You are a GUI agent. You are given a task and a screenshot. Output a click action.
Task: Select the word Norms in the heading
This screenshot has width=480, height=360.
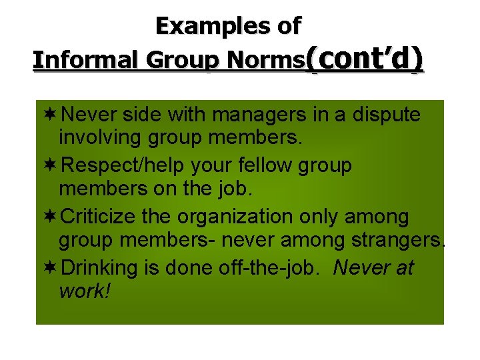click(266, 61)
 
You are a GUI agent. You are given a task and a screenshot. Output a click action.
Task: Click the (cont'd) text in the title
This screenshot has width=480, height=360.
click(365, 59)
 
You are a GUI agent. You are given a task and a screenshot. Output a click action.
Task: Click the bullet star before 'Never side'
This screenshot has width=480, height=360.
click(50, 115)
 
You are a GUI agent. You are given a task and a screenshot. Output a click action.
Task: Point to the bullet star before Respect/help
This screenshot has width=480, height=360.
click(50, 166)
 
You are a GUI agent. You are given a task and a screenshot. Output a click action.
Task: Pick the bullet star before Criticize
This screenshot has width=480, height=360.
click(50, 217)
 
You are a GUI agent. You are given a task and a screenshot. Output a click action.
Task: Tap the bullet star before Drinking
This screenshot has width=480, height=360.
click(50, 268)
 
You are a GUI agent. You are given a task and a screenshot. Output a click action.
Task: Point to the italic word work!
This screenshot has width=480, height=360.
click(83, 293)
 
